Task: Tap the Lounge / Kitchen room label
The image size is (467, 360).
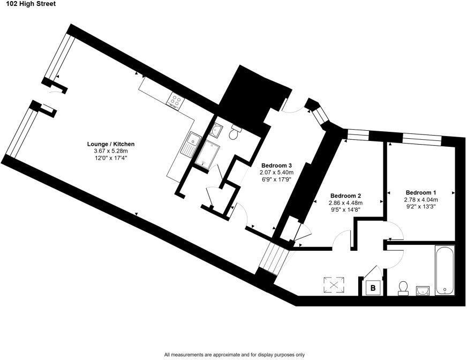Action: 111,144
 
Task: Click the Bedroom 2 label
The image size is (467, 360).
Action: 345,196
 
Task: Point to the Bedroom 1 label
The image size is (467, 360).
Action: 420,192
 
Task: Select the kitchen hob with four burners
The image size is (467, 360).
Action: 175,99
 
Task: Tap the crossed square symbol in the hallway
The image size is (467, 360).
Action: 335,284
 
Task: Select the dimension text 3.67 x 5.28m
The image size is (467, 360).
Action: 111,151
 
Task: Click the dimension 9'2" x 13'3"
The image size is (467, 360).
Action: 420,206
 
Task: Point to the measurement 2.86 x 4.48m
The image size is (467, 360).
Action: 345,203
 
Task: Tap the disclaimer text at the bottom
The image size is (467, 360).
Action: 234,355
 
